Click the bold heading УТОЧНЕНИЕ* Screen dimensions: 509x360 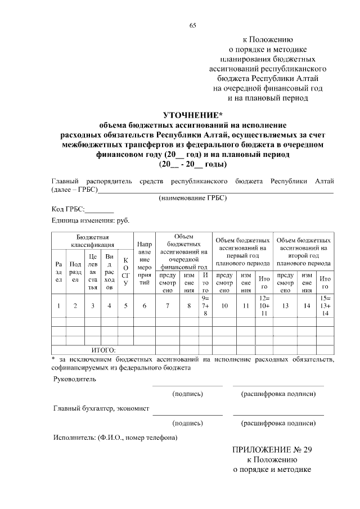pyautogui.click(x=193, y=115)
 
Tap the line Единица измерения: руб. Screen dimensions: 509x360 pyautogui.click(x=90, y=220)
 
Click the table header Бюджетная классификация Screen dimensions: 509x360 pyautogui.click(x=93, y=241)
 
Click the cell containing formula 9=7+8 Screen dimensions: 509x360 pyautogui.click(x=205, y=305)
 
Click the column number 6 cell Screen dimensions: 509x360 pyautogui.click(x=145, y=306)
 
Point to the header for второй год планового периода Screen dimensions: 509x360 pyautogui.click(x=304, y=251)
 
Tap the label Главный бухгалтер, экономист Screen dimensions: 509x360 pyautogui.click(x=101, y=408)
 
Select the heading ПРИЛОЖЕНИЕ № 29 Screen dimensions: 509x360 pyautogui.click(x=272, y=450)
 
